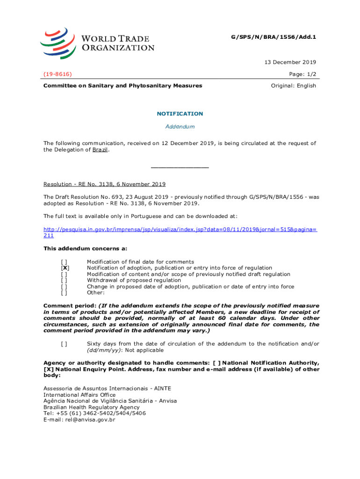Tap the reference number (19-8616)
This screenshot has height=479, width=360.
(x=58, y=74)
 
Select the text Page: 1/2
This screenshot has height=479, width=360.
(x=302, y=74)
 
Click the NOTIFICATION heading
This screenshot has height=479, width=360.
(x=180, y=114)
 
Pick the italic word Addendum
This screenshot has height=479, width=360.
(x=180, y=127)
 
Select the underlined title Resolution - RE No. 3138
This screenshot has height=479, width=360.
(x=104, y=184)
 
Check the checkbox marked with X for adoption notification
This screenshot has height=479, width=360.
(x=65, y=268)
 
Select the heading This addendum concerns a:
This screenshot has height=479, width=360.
(x=85, y=248)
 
